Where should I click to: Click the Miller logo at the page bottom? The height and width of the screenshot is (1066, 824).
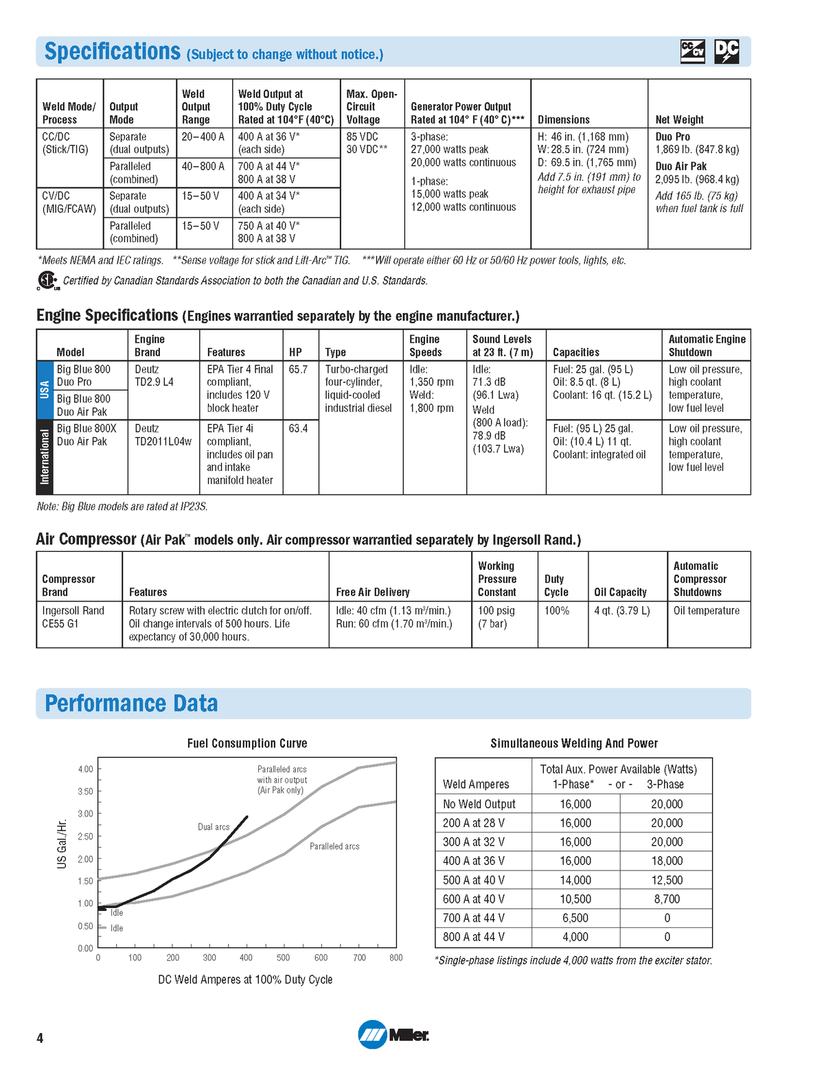click(393, 1034)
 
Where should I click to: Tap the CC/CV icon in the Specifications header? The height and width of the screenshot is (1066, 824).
click(692, 51)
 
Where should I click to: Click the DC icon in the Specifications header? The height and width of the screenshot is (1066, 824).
click(726, 51)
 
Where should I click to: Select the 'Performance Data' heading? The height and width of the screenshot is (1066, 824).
click(131, 704)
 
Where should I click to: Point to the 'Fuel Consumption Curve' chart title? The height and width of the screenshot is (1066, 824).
click(247, 743)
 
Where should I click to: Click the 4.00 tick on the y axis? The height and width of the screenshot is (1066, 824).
click(85, 769)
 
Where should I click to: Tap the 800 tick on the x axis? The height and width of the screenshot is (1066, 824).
click(396, 958)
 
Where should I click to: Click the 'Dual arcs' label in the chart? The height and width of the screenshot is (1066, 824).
click(214, 827)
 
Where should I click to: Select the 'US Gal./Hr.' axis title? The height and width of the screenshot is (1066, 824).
click(62, 844)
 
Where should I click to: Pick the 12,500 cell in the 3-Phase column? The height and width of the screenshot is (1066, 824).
click(666, 880)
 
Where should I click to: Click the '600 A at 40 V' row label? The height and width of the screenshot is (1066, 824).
click(474, 899)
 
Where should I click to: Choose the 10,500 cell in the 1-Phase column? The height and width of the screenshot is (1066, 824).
click(575, 899)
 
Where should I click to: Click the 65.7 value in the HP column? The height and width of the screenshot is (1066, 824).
click(299, 369)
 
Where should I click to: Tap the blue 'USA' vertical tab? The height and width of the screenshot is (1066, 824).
click(45, 390)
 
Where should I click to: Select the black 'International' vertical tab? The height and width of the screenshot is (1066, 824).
click(45, 457)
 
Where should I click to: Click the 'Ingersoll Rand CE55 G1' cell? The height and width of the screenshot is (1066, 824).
click(73, 617)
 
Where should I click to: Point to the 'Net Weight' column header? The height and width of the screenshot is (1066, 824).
click(679, 119)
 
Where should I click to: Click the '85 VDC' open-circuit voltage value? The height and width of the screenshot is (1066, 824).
click(362, 137)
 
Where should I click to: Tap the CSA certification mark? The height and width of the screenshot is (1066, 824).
click(47, 281)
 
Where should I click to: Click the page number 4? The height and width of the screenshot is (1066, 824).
click(40, 1038)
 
